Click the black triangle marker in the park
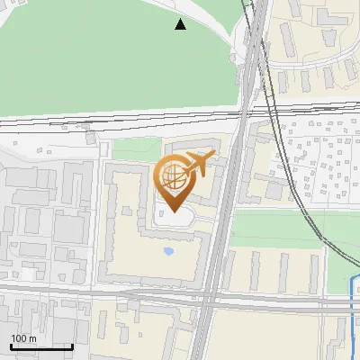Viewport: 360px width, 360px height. pos(181,24)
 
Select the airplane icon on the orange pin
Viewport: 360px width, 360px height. pos(198,164)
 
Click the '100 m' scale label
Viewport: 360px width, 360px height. pos(23,338)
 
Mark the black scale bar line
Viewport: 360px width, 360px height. pos(41,346)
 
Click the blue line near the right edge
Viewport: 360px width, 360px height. pos(352,315)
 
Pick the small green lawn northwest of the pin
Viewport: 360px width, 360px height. pos(135,149)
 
